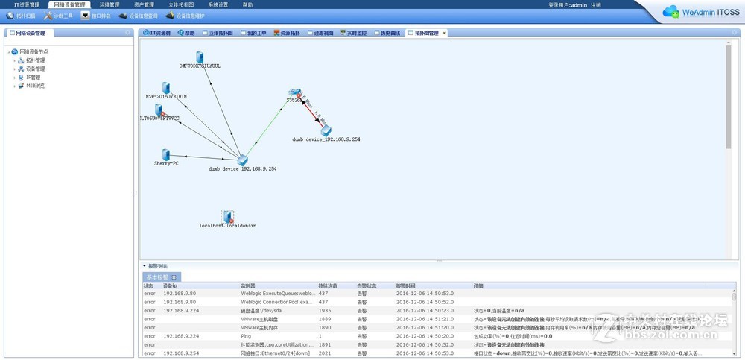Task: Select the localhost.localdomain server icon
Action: (x=228, y=216)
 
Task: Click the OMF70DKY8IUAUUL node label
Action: (x=200, y=66)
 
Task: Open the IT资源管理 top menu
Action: (x=27, y=4)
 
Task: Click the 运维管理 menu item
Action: (x=109, y=4)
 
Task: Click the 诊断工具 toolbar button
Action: (x=59, y=15)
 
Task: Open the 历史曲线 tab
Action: (x=388, y=33)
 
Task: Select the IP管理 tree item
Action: (x=34, y=77)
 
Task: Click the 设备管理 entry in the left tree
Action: (x=36, y=69)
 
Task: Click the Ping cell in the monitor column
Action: (x=247, y=336)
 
